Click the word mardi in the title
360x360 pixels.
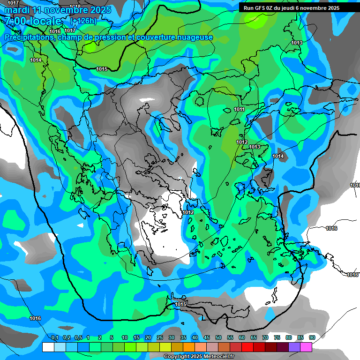(x=17, y=10)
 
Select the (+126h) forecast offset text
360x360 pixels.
(x=83, y=21)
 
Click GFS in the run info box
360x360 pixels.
(x=260, y=7)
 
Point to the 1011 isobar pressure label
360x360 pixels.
(x=239, y=109)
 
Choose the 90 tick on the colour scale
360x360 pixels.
(x=312, y=337)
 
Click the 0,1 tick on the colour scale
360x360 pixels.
(x=54, y=337)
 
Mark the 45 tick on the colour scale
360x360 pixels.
(x=207, y=337)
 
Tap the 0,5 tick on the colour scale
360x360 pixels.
(x=78, y=337)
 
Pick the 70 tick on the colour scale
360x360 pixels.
(x=265, y=337)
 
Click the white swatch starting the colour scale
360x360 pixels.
(x=48, y=347)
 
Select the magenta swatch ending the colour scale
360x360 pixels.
(x=306, y=347)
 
